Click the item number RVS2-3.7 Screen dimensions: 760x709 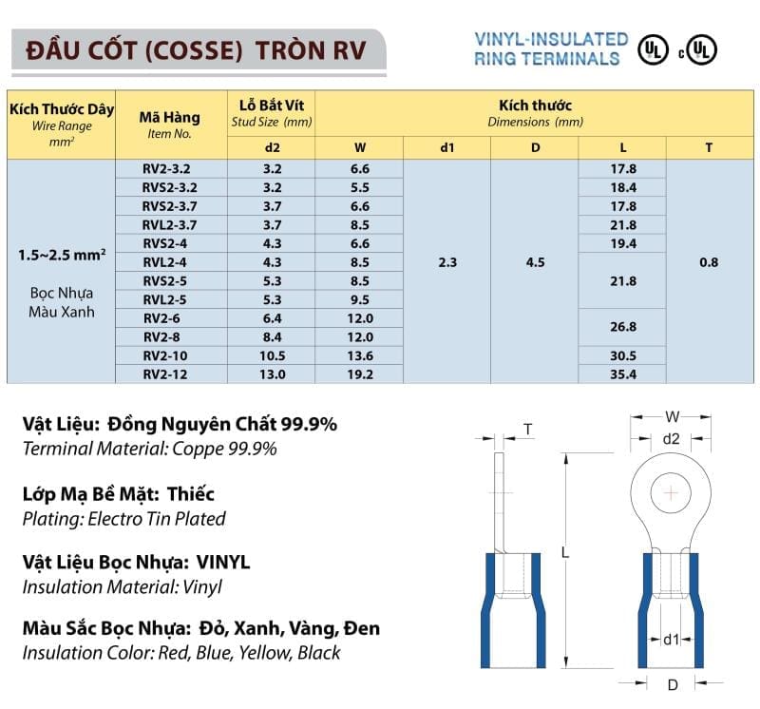click(170, 206)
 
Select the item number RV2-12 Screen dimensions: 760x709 click(170, 374)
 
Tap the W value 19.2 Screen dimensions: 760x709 click(359, 374)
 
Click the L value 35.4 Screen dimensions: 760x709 click(623, 374)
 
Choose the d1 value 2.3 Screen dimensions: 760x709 click(447, 262)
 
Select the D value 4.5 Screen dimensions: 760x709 click(535, 262)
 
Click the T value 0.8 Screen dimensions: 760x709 click(709, 262)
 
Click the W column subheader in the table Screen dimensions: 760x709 click(359, 147)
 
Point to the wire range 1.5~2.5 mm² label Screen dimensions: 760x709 click(62, 256)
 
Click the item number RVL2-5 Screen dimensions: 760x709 click(170, 299)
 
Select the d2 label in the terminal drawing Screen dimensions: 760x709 click(671, 439)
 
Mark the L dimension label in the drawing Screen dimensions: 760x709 click(564, 552)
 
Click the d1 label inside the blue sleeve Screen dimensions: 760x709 click(671, 641)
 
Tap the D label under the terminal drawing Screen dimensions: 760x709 click(672, 684)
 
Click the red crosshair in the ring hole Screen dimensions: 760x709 click(672, 493)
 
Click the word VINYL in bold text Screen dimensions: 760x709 click(224, 562)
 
